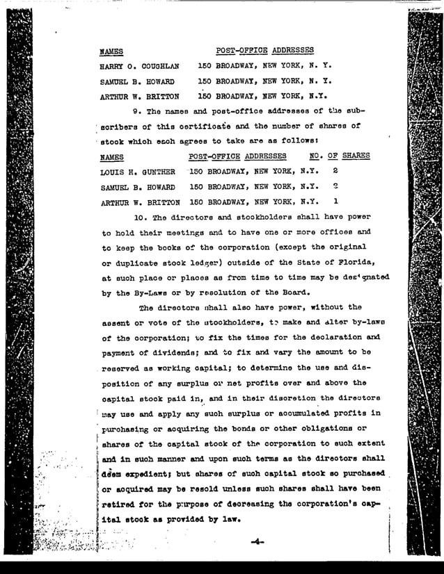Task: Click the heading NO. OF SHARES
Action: pyautogui.click(x=339, y=156)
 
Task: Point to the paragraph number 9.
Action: pyautogui.click(x=136, y=111)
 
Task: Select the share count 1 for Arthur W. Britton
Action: pyautogui.click(x=335, y=202)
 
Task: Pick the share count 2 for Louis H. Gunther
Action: pyautogui.click(x=335, y=171)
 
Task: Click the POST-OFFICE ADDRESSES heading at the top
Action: pyautogui.click(x=264, y=51)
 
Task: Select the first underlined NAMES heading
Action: pyautogui.click(x=111, y=51)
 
